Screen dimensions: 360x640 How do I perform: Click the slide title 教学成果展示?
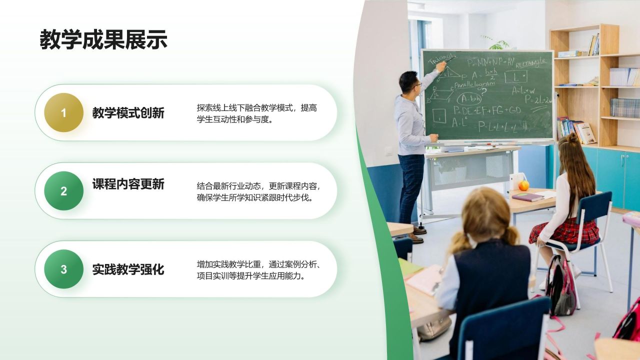103,40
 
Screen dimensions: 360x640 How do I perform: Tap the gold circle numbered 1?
63,113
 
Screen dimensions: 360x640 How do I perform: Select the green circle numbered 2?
63,191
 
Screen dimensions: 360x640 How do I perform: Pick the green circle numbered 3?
63,269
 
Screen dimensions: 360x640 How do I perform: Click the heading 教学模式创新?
128,113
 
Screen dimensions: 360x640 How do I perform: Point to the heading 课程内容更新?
128,184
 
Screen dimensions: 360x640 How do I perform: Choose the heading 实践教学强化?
128,269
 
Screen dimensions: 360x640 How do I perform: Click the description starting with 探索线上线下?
257,113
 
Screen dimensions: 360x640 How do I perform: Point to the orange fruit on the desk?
523,185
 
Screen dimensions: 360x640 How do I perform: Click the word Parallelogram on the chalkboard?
474,84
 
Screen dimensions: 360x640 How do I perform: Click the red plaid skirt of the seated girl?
565,231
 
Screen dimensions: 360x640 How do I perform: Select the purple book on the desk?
527,197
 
